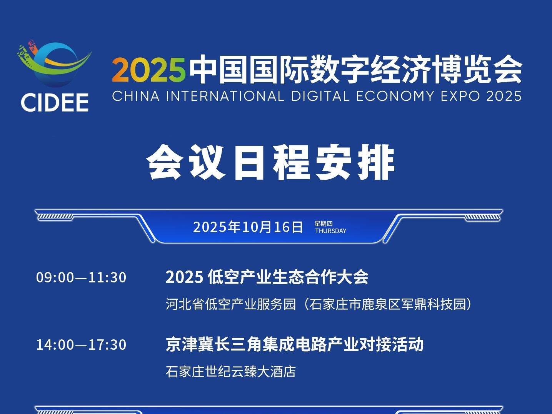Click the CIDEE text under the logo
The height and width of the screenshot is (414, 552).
55,102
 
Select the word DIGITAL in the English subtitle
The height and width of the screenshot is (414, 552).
320,96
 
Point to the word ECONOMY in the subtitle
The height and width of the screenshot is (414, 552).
395,96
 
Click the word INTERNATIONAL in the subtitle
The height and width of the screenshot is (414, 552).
225,96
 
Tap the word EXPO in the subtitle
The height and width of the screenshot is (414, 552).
460,96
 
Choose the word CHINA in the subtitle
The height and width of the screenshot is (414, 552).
136,96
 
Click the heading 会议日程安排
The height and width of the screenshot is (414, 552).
270,162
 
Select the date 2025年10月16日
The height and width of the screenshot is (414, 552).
248,227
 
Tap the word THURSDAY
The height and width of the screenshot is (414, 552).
330,231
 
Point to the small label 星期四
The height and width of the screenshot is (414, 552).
324,223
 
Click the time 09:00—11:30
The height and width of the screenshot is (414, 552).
81,277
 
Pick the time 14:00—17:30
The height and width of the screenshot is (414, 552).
81,345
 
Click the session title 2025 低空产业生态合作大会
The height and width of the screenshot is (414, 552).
267,277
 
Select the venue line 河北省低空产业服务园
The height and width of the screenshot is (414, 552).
230,304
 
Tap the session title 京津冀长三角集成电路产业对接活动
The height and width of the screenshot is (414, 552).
295,344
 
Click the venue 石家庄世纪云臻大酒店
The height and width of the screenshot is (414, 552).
230,372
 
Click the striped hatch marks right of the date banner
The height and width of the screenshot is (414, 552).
482,217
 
